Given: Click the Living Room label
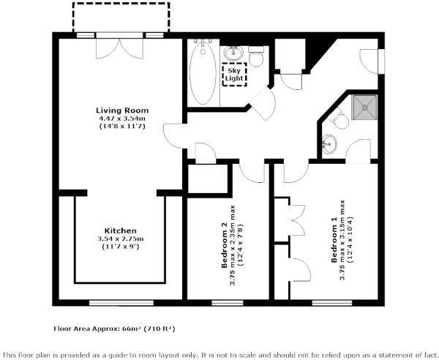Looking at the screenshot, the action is [x=122, y=110].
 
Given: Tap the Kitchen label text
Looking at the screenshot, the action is [x=121, y=231].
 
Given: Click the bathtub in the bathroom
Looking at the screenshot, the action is [x=203, y=72].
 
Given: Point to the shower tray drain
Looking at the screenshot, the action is [x=365, y=107].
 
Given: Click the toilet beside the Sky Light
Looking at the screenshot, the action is [x=256, y=56].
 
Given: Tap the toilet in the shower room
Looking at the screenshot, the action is [x=339, y=119].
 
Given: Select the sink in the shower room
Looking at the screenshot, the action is [x=329, y=144].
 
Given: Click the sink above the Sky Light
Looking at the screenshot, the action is [x=233, y=53].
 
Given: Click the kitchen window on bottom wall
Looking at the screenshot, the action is [x=121, y=303].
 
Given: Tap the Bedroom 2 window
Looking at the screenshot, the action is [x=228, y=303].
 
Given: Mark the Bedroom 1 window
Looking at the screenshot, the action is [x=332, y=303].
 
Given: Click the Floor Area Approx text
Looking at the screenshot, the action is [x=114, y=329].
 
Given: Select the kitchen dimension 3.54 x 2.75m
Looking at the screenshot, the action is [x=121, y=239].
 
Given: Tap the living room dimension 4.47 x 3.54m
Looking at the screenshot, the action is [x=122, y=119].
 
